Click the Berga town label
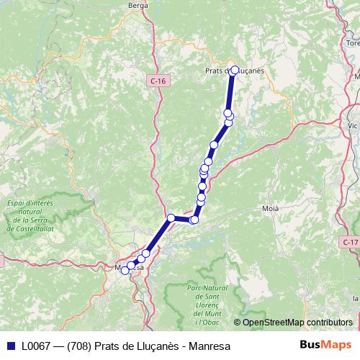coord(138,5)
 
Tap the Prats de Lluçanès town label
coord(235,71)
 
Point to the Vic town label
coord(352,125)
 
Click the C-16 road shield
coord(158,81)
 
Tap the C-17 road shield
coord(350,242)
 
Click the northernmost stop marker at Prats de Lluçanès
coord(233,70)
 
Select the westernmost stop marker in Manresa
coord(125,270)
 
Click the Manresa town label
coord(130,268)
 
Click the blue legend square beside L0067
coord(10,346)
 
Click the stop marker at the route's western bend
coord(171,217)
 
